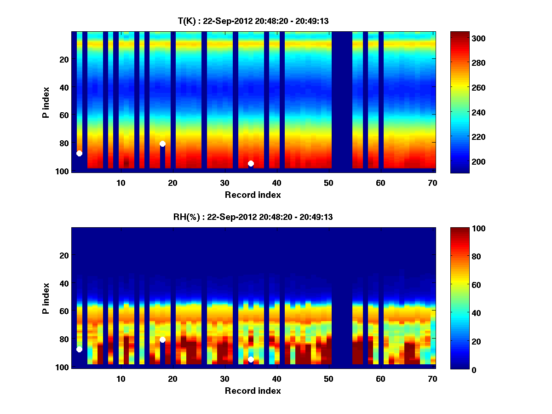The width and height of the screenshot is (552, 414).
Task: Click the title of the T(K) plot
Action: click(x=253, y=21)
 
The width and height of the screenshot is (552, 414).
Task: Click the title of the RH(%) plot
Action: click(x=253, y=217)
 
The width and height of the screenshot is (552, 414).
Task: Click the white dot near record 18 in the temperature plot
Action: click(x=162, y=144)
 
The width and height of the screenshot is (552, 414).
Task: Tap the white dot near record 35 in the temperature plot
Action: click(x=251, y=163)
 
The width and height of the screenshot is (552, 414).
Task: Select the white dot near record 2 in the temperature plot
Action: click(x=79, y=153)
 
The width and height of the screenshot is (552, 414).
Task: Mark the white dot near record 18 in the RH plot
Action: click(x=162, y=339)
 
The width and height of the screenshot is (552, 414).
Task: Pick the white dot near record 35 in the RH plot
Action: click(x=251, y=359)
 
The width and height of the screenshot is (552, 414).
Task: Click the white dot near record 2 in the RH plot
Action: click(x=79, y=350)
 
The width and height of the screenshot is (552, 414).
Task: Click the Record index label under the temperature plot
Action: click(x=253, y=195)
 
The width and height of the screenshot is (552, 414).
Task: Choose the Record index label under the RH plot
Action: click(x=253, y=391)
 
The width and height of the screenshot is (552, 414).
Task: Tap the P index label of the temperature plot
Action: click(x=46, y=102)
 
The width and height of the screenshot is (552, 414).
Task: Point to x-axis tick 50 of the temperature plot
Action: click(x=328, y=183)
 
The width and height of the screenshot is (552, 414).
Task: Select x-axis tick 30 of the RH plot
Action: click(x=224, y=379)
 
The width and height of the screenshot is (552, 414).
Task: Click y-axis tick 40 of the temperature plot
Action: click(x=63, y=87)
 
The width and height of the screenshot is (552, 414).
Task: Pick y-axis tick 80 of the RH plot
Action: click(x=63, y=339)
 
